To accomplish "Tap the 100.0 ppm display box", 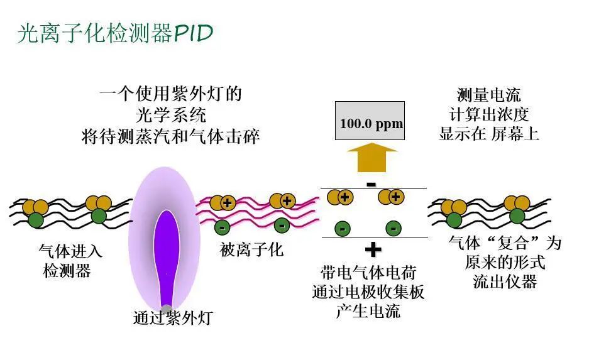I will click(x=371, y=123).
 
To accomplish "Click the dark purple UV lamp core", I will click(x=167, y=251).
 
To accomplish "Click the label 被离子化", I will click(x=251, y=250).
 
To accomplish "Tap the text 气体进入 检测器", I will click(x=70, y=261).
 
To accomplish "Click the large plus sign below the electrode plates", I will click(x=373, y=250).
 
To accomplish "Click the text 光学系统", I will click(x=170, y=116).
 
